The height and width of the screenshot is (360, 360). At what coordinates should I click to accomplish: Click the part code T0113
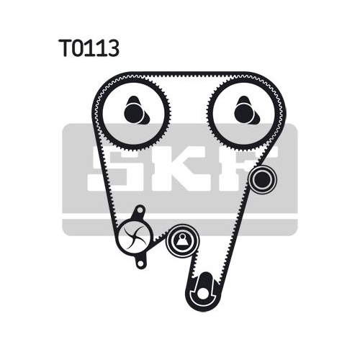[x=89, y=48]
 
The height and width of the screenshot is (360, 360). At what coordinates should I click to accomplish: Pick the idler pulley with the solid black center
[x=262, y=179]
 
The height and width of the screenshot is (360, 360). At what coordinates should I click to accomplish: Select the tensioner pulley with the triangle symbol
[x=183, y=241]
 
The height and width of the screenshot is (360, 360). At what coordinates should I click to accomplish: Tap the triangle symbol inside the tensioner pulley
[x=183, y=240]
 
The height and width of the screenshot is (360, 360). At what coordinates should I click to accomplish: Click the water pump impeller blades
[x=135, y=238]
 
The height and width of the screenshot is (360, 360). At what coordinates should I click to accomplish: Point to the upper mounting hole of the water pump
[x=140, y=210]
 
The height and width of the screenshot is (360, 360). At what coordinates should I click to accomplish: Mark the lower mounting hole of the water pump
[x=140, y=264]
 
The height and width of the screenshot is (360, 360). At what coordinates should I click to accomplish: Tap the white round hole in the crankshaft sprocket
[x=204, y=293]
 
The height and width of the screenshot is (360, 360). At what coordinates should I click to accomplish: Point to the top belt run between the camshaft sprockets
[x=189, y=74]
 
